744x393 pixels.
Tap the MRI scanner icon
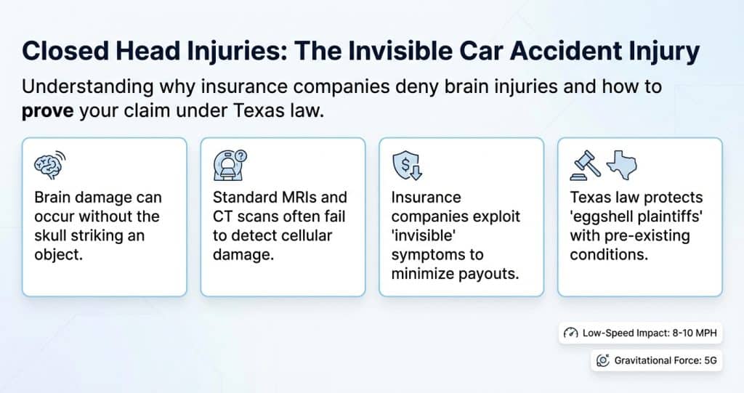[230, 165]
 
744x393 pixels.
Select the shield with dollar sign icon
[407, 166]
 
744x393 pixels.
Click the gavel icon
[585, 165]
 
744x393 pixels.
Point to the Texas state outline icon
[622, 165]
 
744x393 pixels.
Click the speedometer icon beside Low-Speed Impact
[571, 333]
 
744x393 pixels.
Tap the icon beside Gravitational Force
[602, 361]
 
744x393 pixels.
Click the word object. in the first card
[58, 256]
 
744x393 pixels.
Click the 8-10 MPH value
[695, 333]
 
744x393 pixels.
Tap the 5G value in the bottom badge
[711, 361]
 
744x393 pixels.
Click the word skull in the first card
[50, 236]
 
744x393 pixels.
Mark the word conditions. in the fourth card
[609, 255]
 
